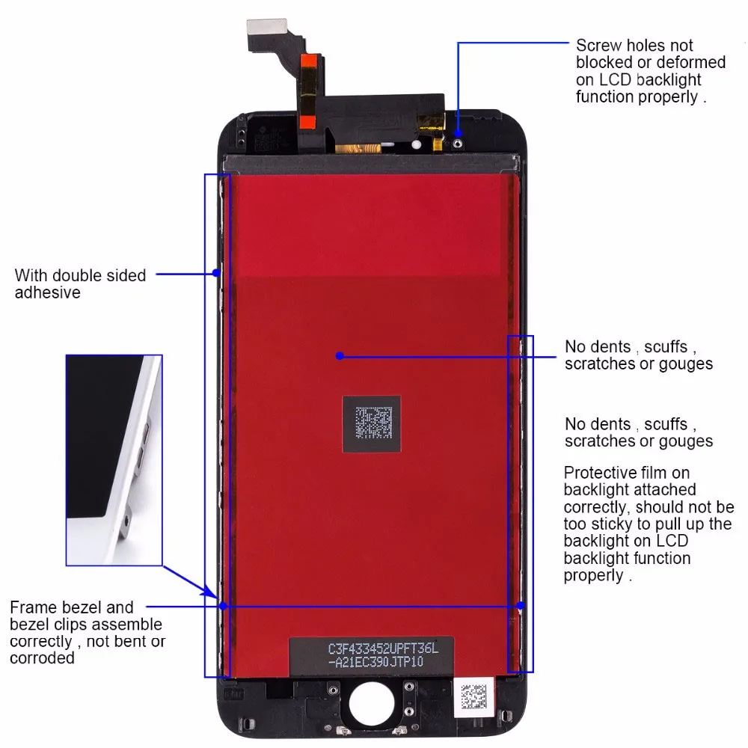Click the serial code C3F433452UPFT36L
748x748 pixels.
point(383,649)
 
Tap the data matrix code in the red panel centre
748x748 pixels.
point(373,423)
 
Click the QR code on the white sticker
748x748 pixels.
point(473,697)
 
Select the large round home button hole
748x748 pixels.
point(372,703)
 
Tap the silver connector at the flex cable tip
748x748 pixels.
point(267,27)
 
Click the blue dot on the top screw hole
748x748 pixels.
point(458,133)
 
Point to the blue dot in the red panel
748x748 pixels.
point(340,356)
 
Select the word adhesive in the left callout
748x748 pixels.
point(47,292)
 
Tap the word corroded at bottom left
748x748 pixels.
point(42,658)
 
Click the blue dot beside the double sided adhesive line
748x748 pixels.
point(216,273)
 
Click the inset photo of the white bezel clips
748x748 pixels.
point(114,460)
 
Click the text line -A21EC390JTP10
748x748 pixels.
point(376,662)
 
